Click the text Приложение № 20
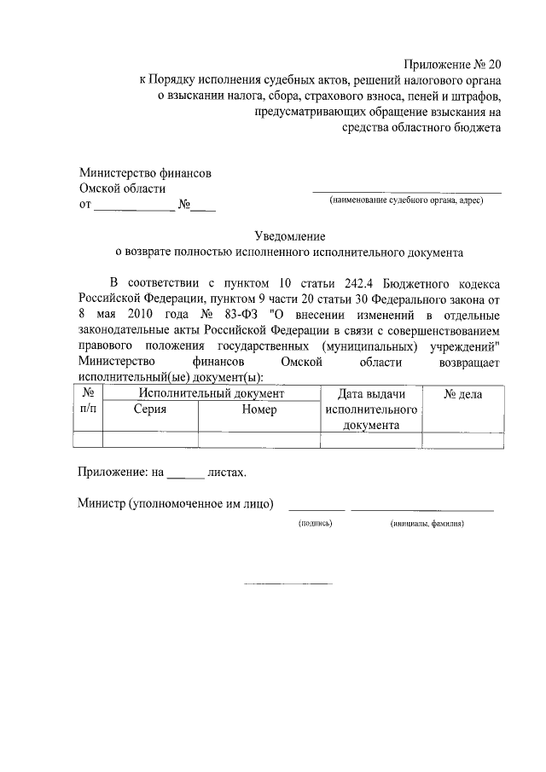453,65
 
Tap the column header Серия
149,409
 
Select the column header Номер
258,409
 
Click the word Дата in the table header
353,394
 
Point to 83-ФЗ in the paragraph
244,313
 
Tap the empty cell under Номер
258,440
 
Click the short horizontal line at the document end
288,583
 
